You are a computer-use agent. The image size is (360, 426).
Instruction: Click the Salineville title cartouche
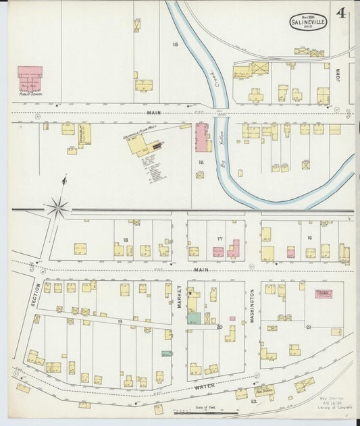[x=309, y=21]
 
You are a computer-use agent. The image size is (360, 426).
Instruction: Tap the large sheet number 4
[x=342, y=14]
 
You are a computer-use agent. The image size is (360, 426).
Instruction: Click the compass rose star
[x=57, y=207]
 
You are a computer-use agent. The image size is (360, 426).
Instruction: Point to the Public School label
[x=32, y=95]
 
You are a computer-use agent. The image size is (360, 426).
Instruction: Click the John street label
[x=338, y=74]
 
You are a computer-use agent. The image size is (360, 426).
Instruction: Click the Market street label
[x=180, y=296]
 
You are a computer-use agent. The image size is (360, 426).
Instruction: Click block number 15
[x=175, y=45]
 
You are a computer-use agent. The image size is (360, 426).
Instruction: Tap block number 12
[x=200, y=162]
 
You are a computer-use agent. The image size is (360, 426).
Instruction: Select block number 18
[x=125, y=240]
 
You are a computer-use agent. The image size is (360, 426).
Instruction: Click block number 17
[x=220, y=239]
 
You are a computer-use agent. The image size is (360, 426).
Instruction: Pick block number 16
[x=309, y=238]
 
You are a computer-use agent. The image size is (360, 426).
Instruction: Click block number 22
[x=253, y=402]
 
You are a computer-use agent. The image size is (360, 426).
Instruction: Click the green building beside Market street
[x=194, y=317]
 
